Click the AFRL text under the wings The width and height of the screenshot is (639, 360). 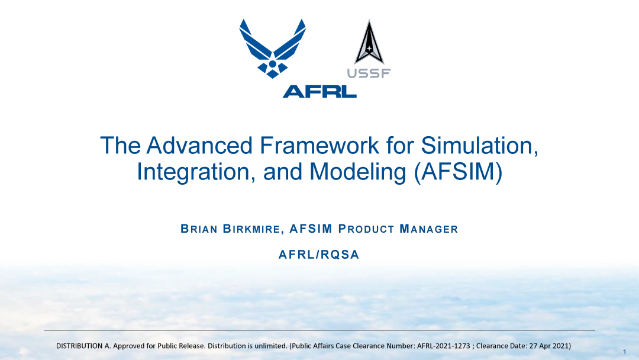click(319, 91)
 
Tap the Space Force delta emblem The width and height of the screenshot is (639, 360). click(369, 43)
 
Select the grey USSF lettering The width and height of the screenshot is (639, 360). click(369, 73)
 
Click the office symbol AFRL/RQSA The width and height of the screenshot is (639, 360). click(319, 255)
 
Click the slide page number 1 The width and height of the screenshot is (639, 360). click(624, 352)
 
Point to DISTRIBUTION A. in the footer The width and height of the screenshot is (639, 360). click(82, 345)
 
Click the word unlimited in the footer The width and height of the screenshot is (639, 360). click(270, 345)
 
